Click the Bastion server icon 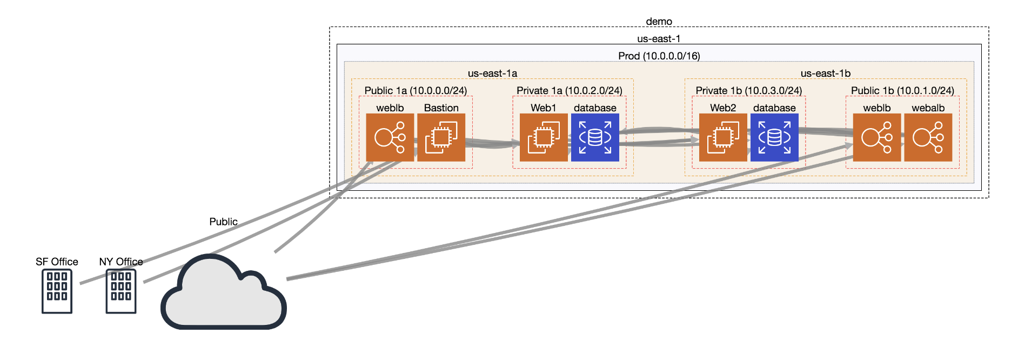tap(441, 137)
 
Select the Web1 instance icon tap(543, 137)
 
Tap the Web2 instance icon tap(722, 137)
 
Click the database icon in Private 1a tap(595, 137)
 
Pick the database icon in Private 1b tap(774, 137)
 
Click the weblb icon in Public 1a tap(390, 137)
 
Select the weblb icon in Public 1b tap(876, 137)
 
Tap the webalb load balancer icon tap(928, 137)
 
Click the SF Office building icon tap(57, 291)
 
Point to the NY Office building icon tap(121, 291)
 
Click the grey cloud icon tap(223, 295)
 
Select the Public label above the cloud tap(223, 222)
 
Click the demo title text tap(659, 22)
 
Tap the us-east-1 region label tap(659, 39)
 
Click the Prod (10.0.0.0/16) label tap(659, 56)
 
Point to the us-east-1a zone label tap(492, 74)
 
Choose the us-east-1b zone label tap(825, 74)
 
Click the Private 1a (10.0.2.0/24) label tap(569, 91)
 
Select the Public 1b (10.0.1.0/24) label tap(902, 91)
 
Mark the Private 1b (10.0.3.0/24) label tap(748, 91)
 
